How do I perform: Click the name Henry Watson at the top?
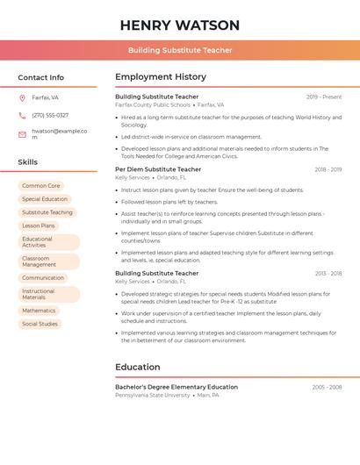(x=179, y=25)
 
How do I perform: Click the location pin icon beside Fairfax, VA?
(x=22, y=98)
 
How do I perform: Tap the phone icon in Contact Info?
(x=22, y=115)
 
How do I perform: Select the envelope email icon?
(x=22, y=134)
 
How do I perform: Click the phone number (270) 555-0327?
(x=50, y=115)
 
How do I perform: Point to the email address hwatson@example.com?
(x=59, y=134)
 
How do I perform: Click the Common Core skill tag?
(x=41, y=186)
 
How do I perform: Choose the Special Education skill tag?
(x=45, y=199)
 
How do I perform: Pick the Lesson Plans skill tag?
(x=39, y=225)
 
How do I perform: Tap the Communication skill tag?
(x=43, y=278)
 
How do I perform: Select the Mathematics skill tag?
(x=39, y=311)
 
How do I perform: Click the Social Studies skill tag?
(x=40, y=324)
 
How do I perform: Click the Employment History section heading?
(x=161, y=77)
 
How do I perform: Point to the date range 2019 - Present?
(x=324, y=97)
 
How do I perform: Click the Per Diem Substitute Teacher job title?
(x=158, y=169)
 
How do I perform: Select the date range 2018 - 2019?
(x=328, y=169)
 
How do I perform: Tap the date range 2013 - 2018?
(x=328, y=274)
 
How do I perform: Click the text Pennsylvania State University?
(x=153, y=396)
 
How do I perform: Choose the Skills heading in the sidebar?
(x=28, y=162)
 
